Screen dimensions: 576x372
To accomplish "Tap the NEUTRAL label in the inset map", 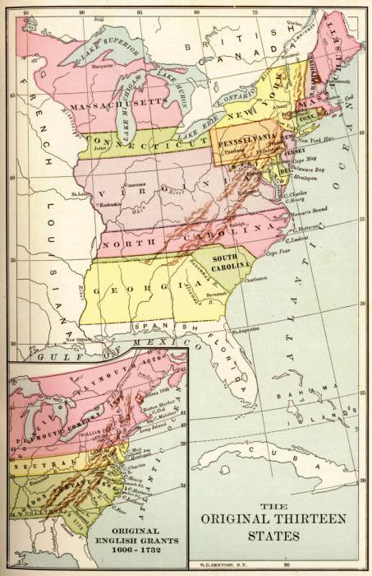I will pyautogui.click(x=31, y=462).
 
